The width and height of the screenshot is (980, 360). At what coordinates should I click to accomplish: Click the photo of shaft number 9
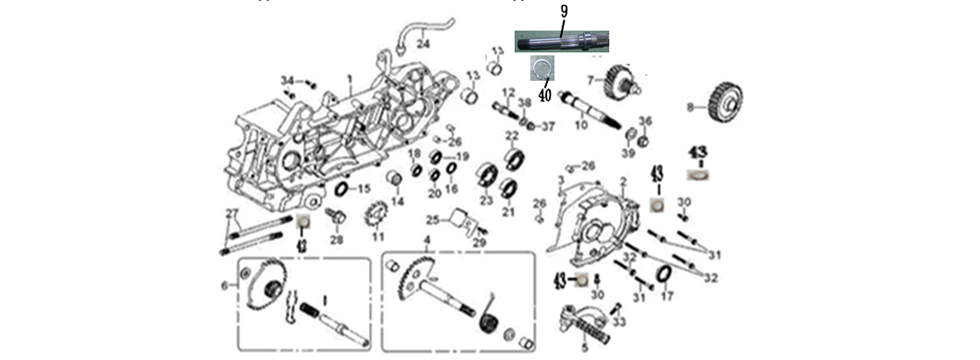pyautogui.click(x=563, y=41)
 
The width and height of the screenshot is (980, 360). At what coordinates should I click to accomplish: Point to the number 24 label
pyautogui.click(x=424, y=44)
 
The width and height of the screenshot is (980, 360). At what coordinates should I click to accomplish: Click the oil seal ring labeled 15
pyautogui.click(x=340, y=189)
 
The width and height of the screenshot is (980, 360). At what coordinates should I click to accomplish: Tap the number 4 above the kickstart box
pyautogui.click(x=427, y=241)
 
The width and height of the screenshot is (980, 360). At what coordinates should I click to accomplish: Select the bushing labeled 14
pyautogui.click(x=396, y=181)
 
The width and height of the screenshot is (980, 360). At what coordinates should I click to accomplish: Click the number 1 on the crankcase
pyautogui.click(x=350, y=78)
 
